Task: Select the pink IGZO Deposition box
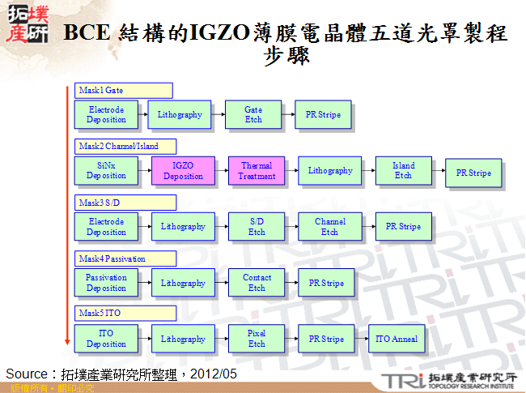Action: (x=183, y=171)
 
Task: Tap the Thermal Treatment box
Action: (x=257, y=171)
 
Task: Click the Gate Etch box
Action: (x=253, y=115)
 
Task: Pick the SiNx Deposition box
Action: (x=107, y=171)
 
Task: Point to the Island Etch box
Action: (x=403, y=171)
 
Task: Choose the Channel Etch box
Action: (x=329, y=227)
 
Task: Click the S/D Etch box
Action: (x=257, y=227)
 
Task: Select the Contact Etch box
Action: (x=257, y=283)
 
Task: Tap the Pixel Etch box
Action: (x=257, y=339)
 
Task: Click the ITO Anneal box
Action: (x=397, y=339)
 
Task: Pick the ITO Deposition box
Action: (x=107, y=339)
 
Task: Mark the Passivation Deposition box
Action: (x=107, y=283)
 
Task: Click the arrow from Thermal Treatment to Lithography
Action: (x=291, y=171)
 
